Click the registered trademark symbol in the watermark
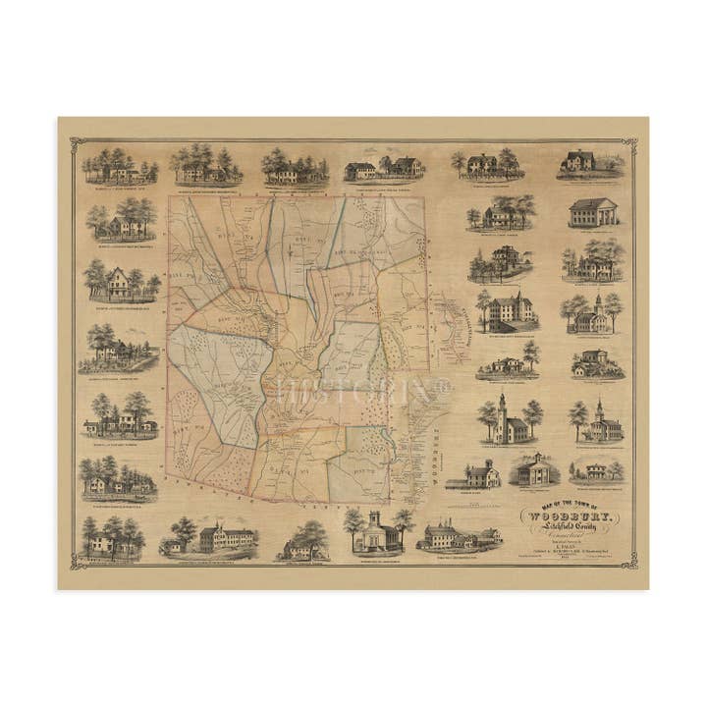[x=444, y=386]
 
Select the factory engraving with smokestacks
[x=460, y=535]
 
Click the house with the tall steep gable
[x=121, y=283]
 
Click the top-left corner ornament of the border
[x=78, y=146]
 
